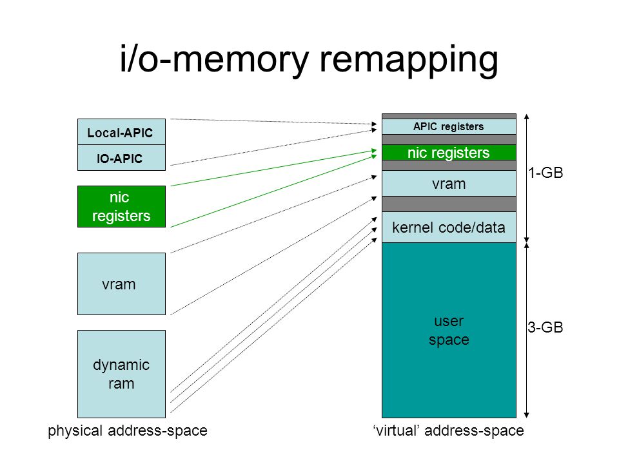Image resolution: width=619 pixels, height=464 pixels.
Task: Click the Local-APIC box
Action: point(122,131)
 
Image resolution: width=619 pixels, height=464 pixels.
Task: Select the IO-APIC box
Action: point(122,158)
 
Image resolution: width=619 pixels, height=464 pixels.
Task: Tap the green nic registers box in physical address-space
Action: point(122,206)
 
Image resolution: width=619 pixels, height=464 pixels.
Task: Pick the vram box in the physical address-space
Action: point(122,284)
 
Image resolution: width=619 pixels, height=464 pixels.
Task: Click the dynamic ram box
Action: point(122,374)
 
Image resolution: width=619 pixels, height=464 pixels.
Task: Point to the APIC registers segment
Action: point(449,127)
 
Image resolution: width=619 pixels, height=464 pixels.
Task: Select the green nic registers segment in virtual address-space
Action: point(449,152)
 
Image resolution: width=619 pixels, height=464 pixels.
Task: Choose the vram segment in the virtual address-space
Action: point(449,184)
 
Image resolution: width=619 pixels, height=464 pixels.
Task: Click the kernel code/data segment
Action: point(449,227)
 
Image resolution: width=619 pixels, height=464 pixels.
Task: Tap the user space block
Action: point(449,330)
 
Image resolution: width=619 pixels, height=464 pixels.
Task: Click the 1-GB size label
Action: point(546,173)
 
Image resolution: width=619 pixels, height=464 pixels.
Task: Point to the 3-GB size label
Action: point(545,327)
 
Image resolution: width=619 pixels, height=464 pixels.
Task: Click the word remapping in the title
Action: point(409,61)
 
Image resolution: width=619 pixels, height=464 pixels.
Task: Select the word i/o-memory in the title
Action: point(215,59)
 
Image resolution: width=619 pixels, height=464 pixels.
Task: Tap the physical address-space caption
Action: point(128,430)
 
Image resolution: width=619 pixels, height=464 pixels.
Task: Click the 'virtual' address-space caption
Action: point(449,430)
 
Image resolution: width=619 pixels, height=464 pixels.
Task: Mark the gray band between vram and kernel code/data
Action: point(449,204)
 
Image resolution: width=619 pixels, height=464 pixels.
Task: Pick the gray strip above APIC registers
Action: point(449,117)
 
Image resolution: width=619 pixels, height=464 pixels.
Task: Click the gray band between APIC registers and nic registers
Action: point(449,140)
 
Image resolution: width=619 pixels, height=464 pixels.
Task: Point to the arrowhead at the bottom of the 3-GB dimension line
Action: point(526,415)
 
